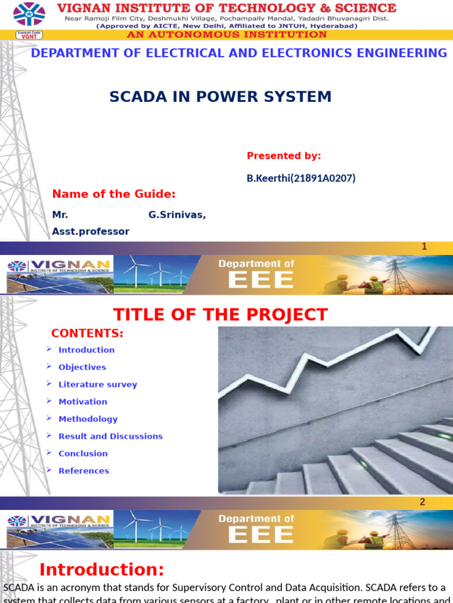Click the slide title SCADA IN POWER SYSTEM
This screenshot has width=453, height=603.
pos(221,97)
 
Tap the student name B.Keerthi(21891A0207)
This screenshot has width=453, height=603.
pos(301,178)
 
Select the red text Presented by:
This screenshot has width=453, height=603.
pos(284,155)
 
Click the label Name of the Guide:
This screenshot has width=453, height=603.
pos(114,194)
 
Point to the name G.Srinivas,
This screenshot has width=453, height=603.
pos(177,215)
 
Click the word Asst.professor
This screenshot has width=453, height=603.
pos(91,231)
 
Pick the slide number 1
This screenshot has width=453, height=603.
pos(424,247)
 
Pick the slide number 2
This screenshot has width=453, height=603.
pos(422,502)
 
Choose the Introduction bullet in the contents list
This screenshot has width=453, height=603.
pos(86,350)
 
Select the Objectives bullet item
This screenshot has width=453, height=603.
pos(82,367)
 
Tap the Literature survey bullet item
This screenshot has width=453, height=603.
pos(97,385)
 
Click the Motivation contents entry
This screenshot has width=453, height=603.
pos(83,402)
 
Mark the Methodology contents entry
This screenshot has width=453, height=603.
pos(88,419)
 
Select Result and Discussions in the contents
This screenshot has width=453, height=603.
pos(110,436)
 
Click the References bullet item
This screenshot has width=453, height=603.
pos(83,471)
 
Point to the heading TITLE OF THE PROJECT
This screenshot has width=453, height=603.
pos(220,314)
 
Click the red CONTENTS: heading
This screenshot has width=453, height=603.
pos(87,333)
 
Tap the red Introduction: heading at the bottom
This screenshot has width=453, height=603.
pos(101,569)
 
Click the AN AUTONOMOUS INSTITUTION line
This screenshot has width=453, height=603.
pos(226,35)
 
